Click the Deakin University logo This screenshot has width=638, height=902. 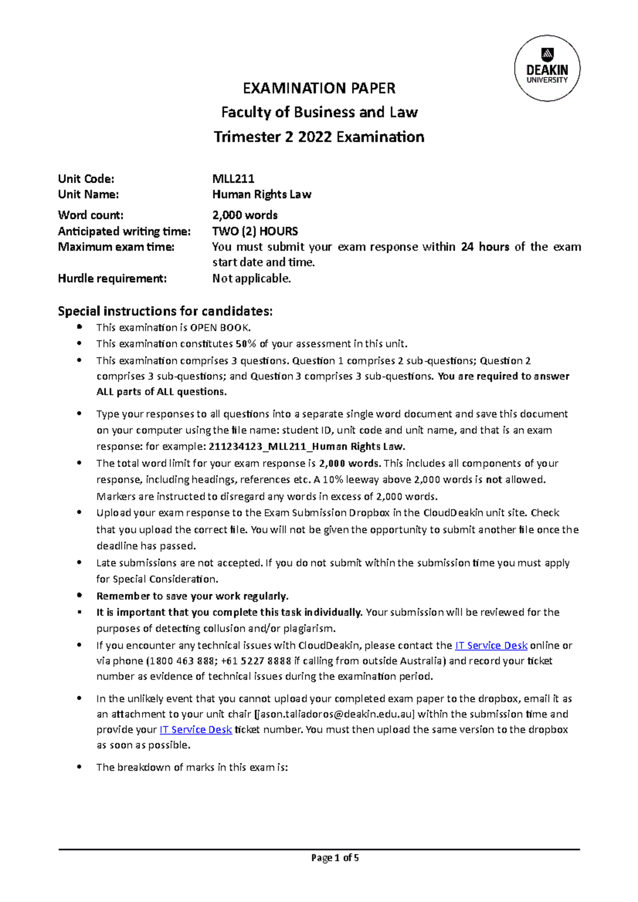tap(547, 69)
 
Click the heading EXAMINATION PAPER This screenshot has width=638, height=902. tap(319, 88)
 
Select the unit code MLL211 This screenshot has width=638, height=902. tap(233, 178)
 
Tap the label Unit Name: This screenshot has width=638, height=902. tap(88, 194)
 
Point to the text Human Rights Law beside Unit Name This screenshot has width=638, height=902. tap(262, 194)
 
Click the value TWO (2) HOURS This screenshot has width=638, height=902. tap(255, 231)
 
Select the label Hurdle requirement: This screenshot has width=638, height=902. tap(112, 278)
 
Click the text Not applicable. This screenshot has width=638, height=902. tap(251, 278)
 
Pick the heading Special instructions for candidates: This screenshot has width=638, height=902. tap(165, 311)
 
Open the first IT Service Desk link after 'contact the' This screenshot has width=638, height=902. tap(491, 645)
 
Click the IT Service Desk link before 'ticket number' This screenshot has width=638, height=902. tap(196, 730)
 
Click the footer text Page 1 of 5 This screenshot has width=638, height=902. tap(335, 858)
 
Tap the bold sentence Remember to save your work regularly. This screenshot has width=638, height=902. tap(192, 596)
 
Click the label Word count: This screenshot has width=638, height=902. tap(90, 215)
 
